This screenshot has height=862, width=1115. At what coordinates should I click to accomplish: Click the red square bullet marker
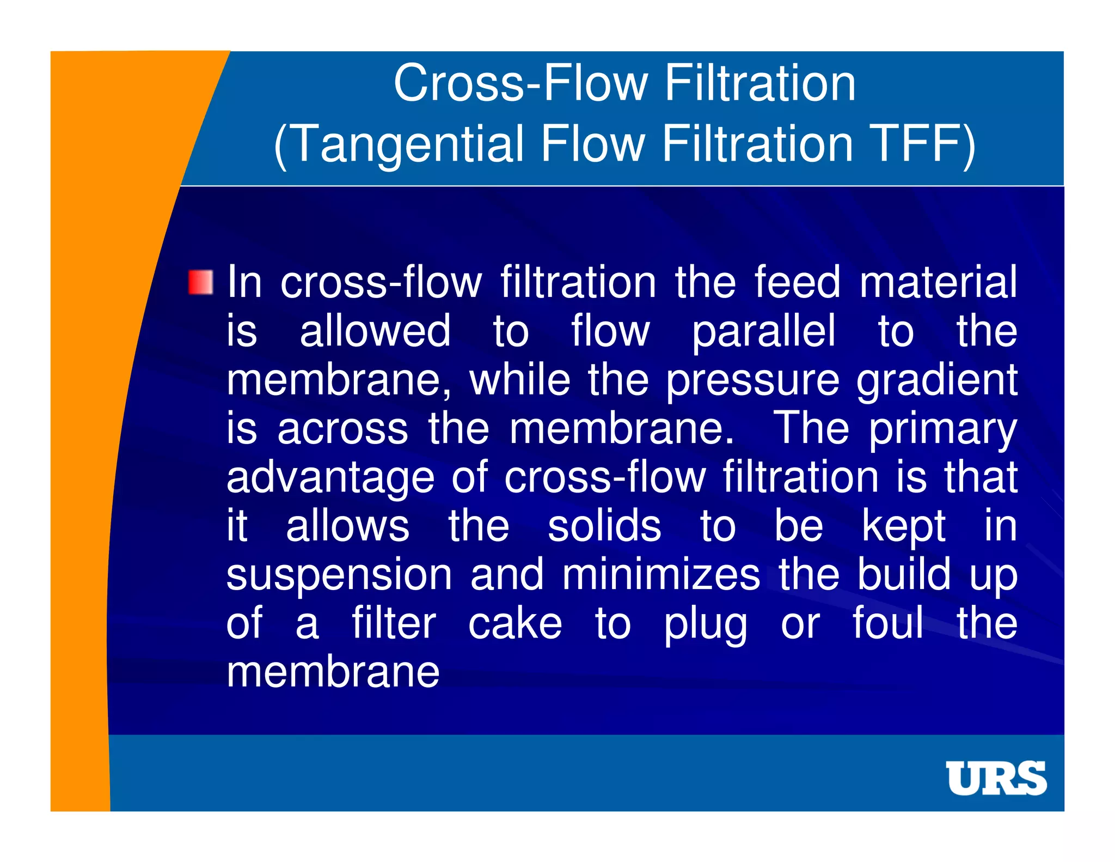click(x=200, y=282)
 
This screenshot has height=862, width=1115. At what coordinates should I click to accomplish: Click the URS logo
click(x=996, y=778)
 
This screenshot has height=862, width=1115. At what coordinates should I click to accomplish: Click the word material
click(x=938, y=282)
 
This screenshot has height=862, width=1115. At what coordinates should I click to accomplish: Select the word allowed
click(x=375, y=331)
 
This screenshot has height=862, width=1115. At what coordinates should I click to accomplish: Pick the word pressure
click(x=752, y=381)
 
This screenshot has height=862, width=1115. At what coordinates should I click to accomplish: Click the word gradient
click(x=936, y=381)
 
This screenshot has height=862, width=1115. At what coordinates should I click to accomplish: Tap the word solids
click(x=604, y=526)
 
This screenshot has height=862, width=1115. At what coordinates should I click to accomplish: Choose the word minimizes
click(x=661, y=575)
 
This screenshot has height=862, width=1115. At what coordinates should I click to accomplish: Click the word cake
click(x=515, y=623)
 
